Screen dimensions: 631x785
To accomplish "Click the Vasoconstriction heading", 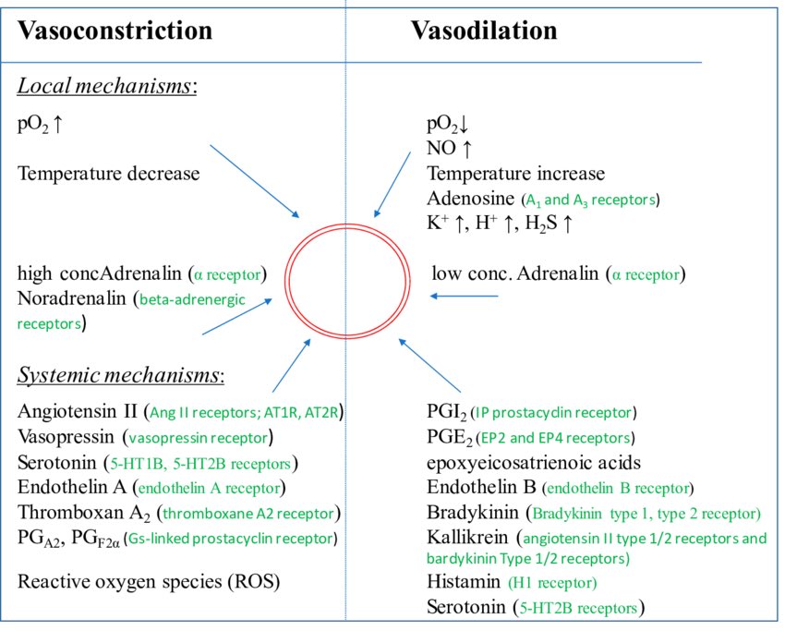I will [115, 30].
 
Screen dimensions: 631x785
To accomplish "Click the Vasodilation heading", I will [484, 30].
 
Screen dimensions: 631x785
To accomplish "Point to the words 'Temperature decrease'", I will [108, 173].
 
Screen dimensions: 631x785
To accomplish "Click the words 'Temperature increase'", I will [515, 173].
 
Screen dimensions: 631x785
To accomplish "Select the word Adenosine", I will [471, 199].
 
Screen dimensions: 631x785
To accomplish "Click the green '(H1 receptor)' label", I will [552, 583].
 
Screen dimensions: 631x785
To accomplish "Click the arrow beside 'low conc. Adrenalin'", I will [465, 297].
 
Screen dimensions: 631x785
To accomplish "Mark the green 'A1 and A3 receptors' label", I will [591, 200].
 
